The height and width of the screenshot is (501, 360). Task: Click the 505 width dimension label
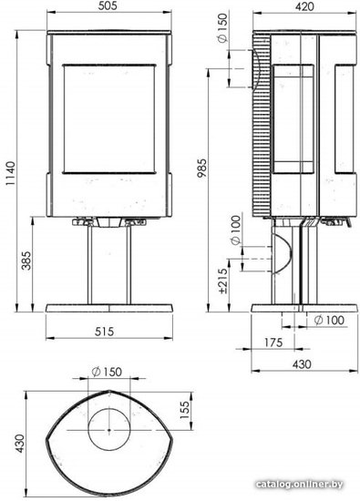pyautogui.click(x=108, y=5)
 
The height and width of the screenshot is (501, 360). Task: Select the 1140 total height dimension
pyautogui.click(x=11, y=173)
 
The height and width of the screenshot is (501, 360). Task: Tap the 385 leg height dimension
pyautogui.click(x=27, y=261)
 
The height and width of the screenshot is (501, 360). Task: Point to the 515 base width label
pyautogui.click(x=104, y=332)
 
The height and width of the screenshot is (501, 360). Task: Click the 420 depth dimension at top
pyautogui.click(x=304, y=6)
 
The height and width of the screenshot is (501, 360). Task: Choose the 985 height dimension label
pyautogui.click(x=202, y=168)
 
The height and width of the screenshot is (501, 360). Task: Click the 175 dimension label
pyautogui.click(x=273, y=343)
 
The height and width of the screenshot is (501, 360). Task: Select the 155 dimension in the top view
pyautogui.click(x=184, y=410)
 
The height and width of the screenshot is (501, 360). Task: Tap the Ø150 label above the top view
pyautogui.click(x=107, y=372)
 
